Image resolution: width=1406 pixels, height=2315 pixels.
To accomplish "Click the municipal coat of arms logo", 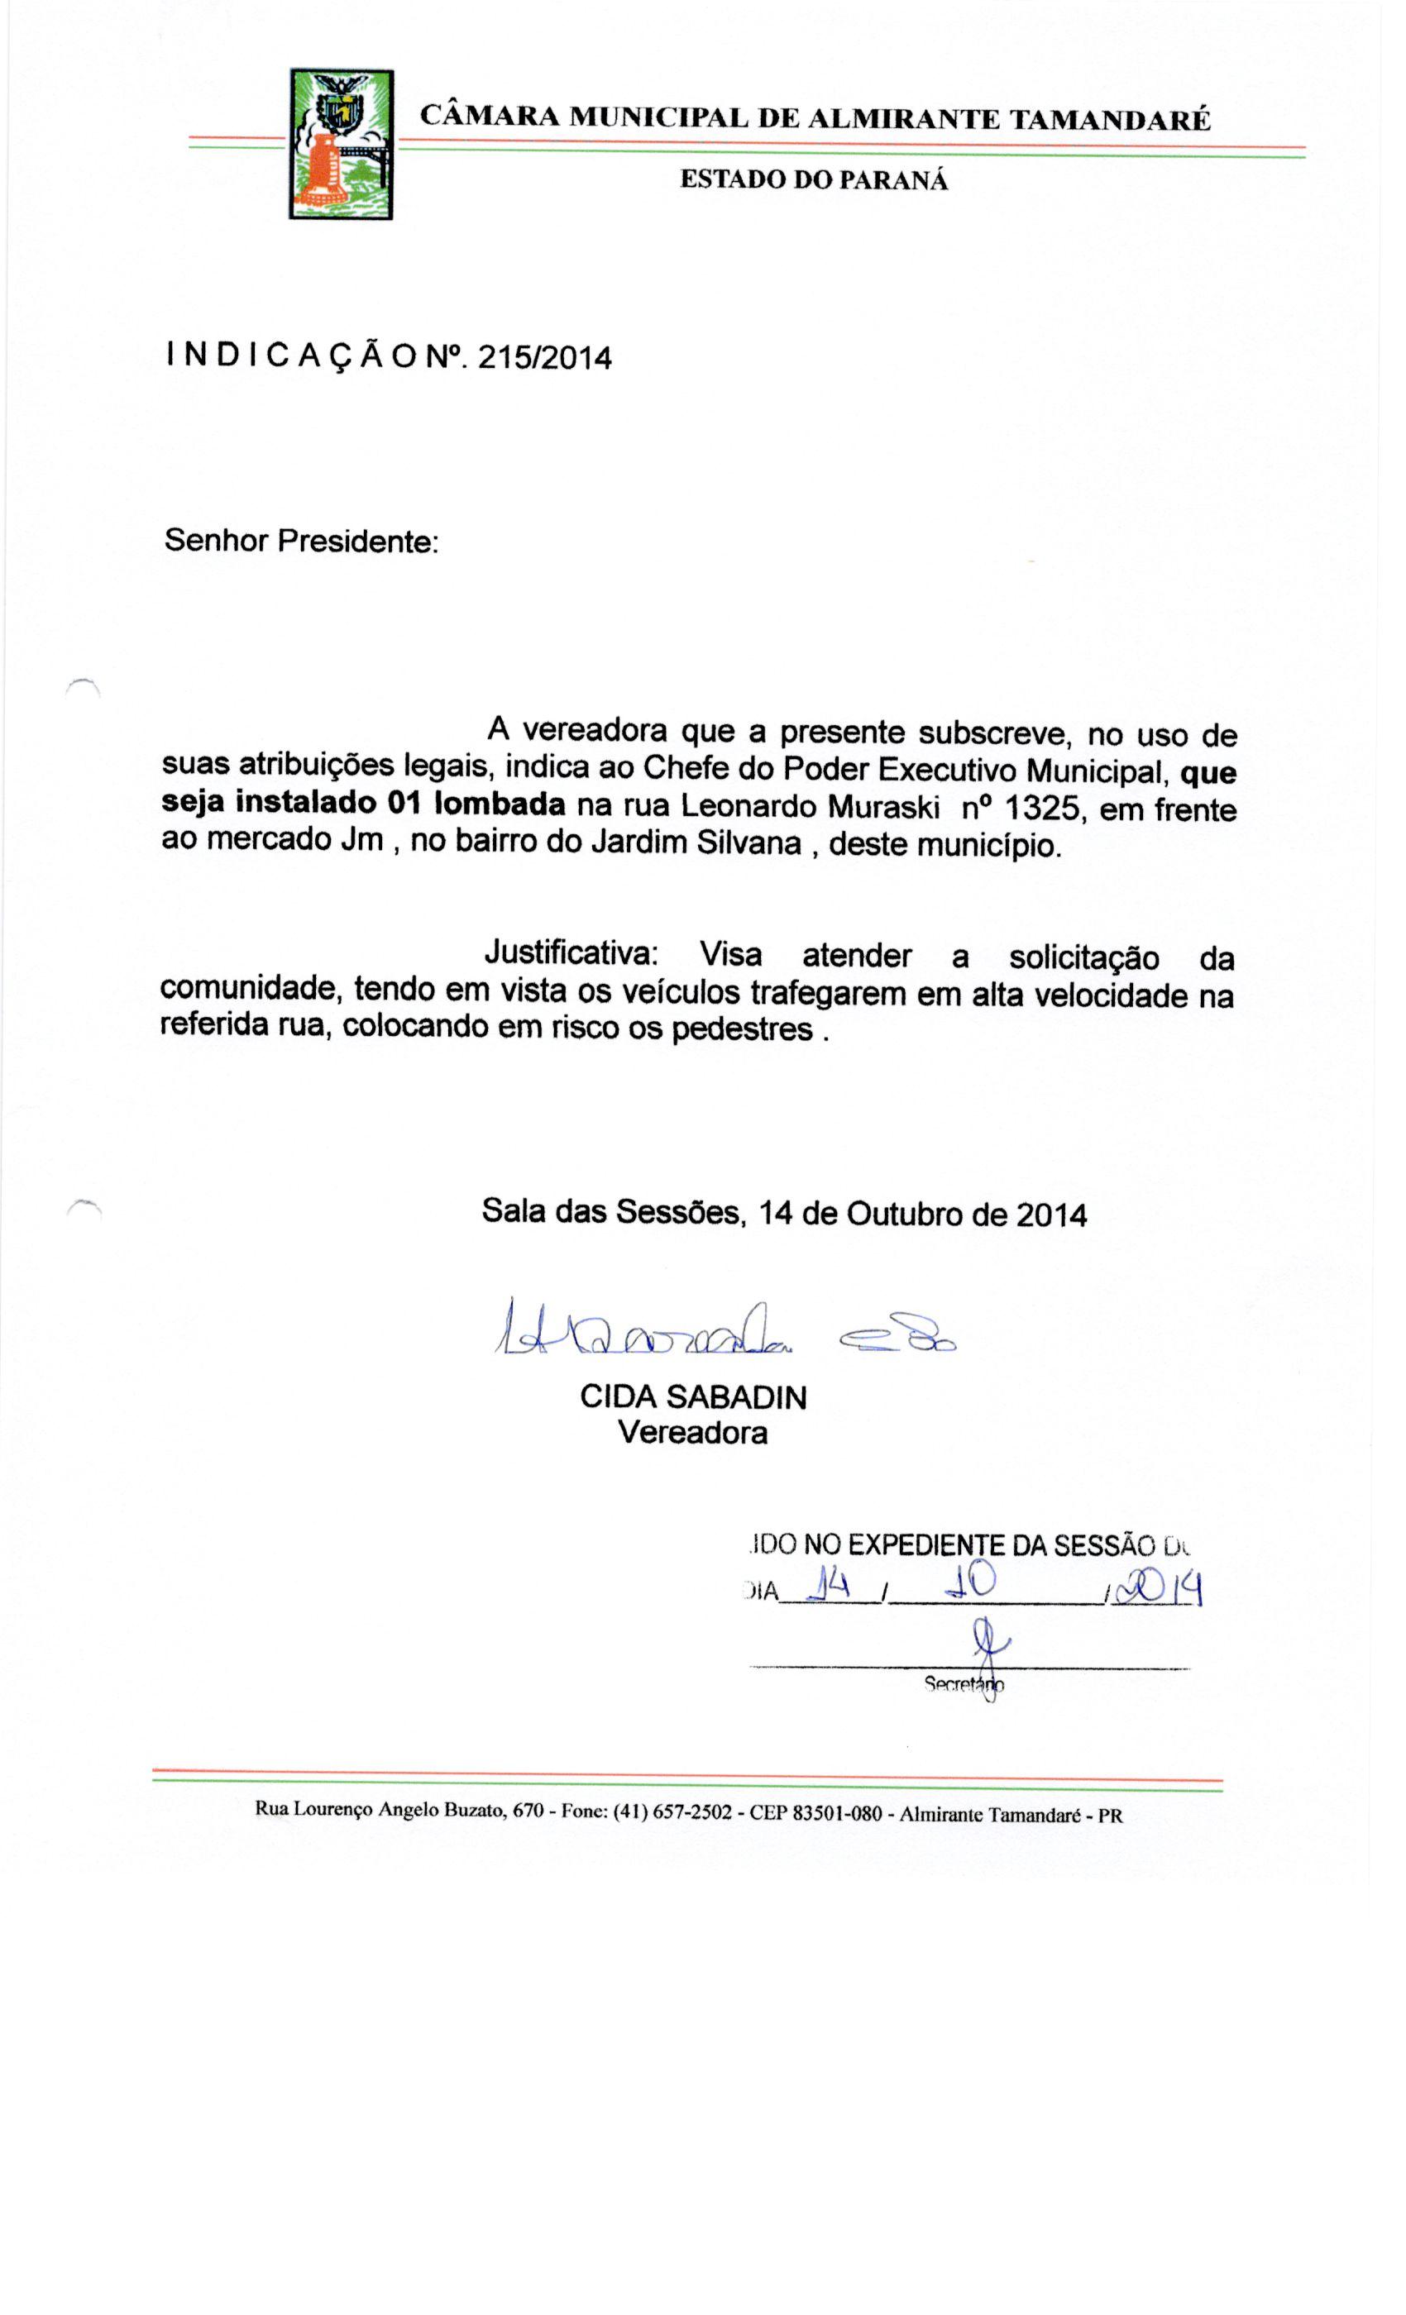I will (x=340, y=144).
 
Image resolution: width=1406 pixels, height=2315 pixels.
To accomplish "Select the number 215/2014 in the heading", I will (x=544, y=358).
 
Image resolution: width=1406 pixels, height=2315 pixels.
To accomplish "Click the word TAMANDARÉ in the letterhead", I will (x=1109, y=120).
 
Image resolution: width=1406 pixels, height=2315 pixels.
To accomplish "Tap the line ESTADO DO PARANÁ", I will (x=813, y=179).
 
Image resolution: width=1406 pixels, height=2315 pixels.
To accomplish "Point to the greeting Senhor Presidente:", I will (x=301, y=542).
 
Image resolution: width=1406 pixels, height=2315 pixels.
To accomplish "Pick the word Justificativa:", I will (x=571, y=952).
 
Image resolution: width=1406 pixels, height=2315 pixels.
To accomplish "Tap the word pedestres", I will (x=742, y=1029).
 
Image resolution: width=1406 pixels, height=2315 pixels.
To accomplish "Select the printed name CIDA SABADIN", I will (x=693, y=1397).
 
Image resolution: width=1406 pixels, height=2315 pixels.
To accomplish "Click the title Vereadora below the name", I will (x=693, y=1433).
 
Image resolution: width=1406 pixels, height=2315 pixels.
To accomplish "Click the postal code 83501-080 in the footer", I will (x=836, y=1812).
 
